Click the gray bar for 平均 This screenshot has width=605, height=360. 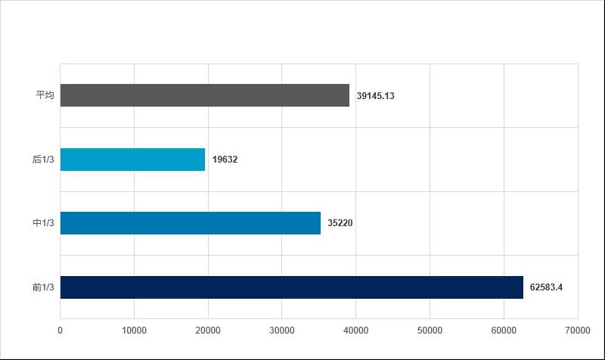204,95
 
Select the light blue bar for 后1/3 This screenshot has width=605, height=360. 132,160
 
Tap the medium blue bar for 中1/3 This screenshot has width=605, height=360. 190,223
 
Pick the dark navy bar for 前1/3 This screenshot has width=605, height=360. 291,287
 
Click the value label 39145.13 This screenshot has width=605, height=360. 376,96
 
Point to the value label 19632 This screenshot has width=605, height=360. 225,160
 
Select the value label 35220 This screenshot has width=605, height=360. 340,224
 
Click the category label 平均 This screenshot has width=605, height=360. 45,96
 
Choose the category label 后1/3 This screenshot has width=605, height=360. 43,160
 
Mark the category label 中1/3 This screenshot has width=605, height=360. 43,224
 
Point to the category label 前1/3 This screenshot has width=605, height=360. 43,287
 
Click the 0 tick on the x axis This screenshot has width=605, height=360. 60,330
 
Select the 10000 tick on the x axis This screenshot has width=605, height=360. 134,330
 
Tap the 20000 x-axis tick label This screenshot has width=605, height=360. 208,330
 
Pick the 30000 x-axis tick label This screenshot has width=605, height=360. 282,330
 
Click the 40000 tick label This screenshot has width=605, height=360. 356,330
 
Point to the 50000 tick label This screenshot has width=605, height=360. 430,330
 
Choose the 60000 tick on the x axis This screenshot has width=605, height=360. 504,330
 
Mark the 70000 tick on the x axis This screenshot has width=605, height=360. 578,330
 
